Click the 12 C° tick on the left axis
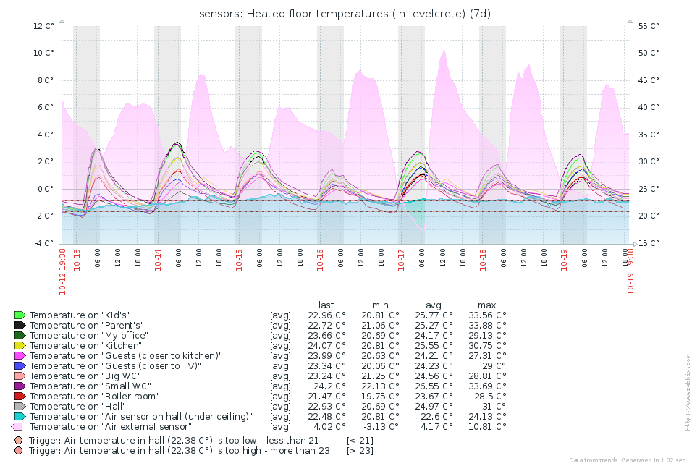coord(43,26)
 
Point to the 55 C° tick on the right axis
coord(649,26)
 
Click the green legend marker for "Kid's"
coord(20,315)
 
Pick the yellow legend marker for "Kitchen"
coord(20,346)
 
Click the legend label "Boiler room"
coord(96,397)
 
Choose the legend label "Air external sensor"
coord(111,427)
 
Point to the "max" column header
coord(486,305)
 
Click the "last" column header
coord(326,305)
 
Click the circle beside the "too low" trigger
coord(19,440)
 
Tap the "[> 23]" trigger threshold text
coord(360,450)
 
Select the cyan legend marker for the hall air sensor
coord(20,417)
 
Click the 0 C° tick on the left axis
coord(46,189)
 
